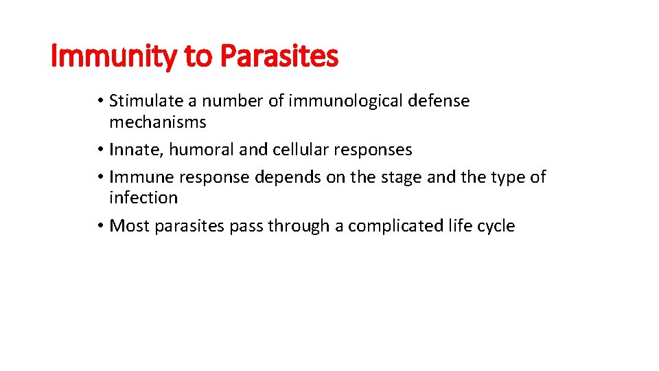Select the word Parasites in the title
(x=279, y=56)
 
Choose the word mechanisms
(x=157, y=122)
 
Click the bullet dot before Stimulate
(x=100, y=102)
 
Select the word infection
(x=143, y=198)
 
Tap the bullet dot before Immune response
(x=100, y=178)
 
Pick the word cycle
(x=496, y=226)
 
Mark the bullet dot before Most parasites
(x=100, y=227)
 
